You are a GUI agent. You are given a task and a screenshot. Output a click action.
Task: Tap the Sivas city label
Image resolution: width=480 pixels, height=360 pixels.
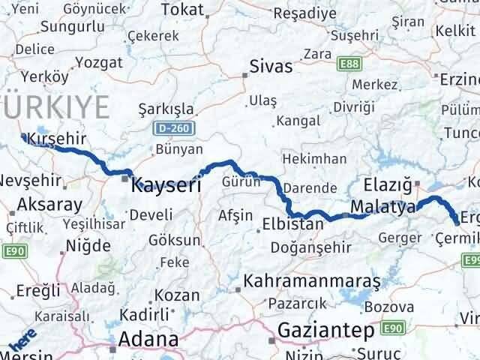point(271,66)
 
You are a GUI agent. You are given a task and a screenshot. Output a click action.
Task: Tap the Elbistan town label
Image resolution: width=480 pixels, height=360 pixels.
point(293,223)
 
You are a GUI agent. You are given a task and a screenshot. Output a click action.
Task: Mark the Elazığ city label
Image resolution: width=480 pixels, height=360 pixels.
point(388,183)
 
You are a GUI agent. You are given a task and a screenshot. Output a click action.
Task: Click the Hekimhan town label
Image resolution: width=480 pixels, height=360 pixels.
point(314,159)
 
